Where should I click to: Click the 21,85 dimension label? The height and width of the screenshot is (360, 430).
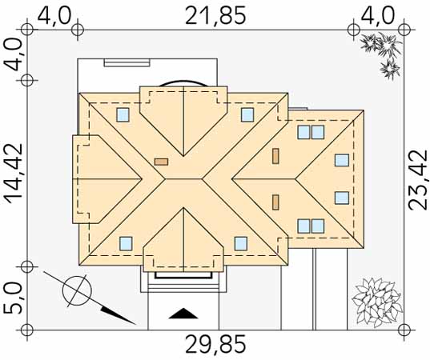(x=215, y=16)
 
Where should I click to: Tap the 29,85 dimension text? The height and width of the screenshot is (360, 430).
(x=215, y=344)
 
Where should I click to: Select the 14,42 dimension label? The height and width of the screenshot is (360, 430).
(x=14, y=173)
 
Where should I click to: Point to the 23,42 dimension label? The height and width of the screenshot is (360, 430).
(x=418, y=180)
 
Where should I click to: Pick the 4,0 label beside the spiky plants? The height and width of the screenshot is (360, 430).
(x=378, y=16)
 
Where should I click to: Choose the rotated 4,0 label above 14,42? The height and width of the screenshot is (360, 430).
(x=13, y=54)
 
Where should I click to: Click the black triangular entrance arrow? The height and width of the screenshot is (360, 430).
(x=183, y=314)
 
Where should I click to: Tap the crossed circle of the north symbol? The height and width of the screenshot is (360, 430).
(x=77, y=291)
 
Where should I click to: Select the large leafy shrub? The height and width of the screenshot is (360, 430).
(x=377, y=302)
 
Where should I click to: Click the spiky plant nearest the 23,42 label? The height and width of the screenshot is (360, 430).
(x=389, y=69)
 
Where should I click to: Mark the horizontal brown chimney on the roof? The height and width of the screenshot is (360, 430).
(x=161, y=162)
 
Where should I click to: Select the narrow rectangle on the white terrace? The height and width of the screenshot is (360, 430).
(x=127, y=63)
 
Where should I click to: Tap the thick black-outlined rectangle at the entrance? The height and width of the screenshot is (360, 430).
(x=183, y=275)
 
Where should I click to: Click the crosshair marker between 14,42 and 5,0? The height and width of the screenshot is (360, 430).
(x=27, y=266)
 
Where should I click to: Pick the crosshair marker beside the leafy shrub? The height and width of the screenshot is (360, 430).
(x=404, y=330)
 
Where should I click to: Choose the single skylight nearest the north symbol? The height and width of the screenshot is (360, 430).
(x=126, y=244)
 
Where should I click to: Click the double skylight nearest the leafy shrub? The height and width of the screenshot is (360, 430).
(x=311, y=226)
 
